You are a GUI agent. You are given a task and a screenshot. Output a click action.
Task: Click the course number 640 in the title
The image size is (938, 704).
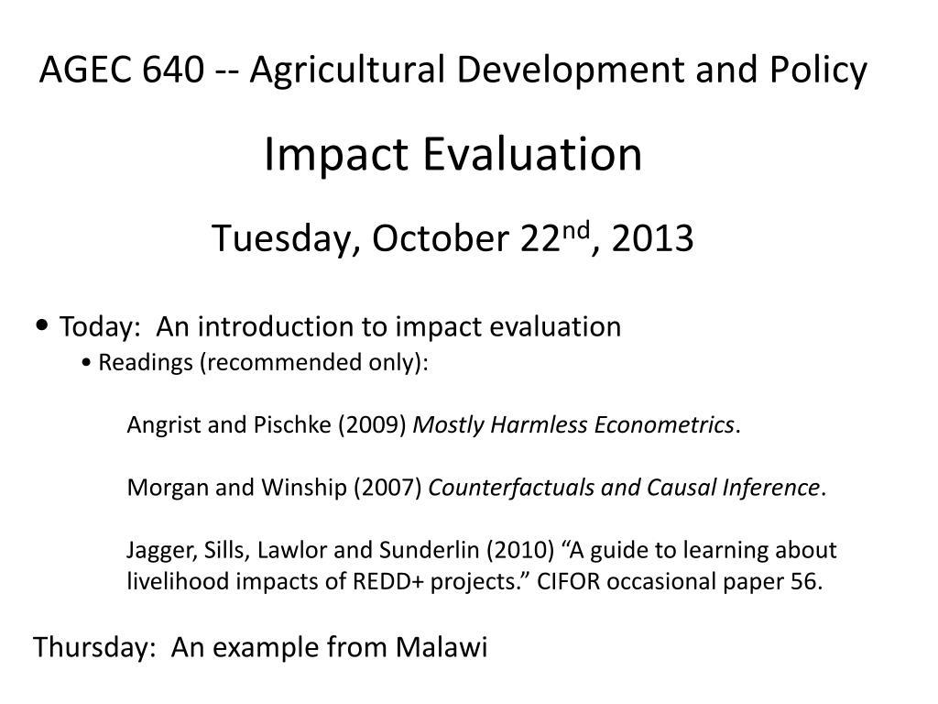[x=173, y=69]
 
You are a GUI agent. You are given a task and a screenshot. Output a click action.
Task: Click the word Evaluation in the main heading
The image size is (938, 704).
[x=532, y=154]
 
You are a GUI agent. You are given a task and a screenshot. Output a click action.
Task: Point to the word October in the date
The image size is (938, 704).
[x=441, y=238]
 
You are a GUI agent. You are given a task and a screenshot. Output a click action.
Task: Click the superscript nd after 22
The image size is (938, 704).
[x=577, y=230]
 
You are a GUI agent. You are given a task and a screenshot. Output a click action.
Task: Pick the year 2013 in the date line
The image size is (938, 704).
[x=652, y=238]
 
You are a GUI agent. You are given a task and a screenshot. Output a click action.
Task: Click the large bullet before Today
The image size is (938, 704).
[x=42, y=325]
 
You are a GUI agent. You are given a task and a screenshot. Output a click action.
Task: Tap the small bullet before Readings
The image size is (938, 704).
[x=87, y=363]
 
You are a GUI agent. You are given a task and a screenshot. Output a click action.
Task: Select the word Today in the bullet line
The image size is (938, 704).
[x=99, y=327]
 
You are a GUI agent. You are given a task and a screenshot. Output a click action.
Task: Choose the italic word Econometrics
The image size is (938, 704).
[x=664, y=425]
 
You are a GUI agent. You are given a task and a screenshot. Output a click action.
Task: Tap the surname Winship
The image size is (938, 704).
[x=304, y=488]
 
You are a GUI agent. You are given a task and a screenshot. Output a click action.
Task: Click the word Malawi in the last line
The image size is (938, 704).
[x=442, y=648]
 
